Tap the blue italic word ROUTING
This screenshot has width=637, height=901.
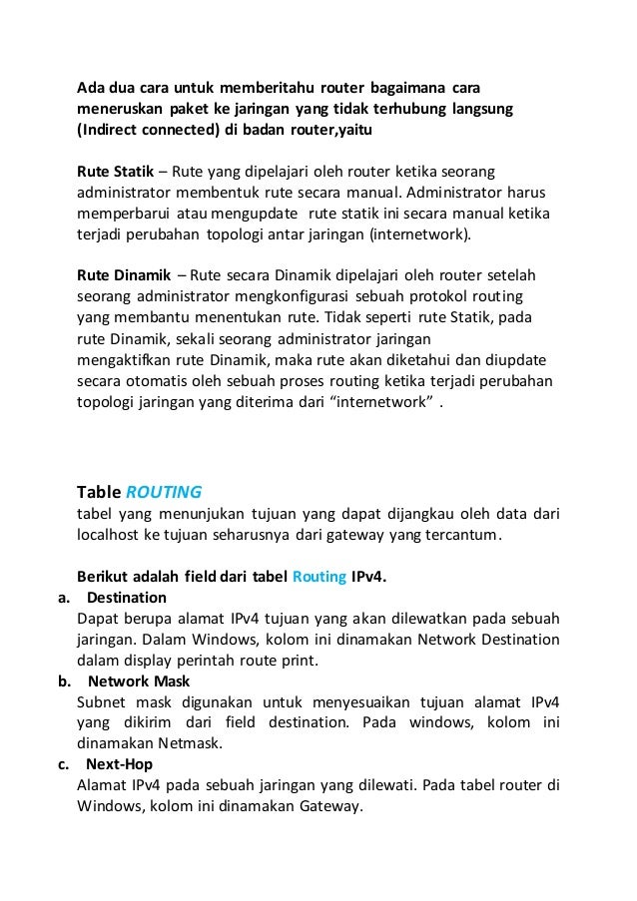coord(164,491)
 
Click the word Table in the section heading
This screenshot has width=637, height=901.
coord(98,491)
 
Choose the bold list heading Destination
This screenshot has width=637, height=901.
coord(127,597)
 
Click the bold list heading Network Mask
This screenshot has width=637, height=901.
coord(139,680)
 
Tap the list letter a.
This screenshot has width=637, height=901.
coord(63,597)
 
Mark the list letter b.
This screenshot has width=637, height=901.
coord(63,680)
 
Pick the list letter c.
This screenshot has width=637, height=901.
coord(63,764)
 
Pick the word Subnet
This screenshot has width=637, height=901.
coord(103,701)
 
